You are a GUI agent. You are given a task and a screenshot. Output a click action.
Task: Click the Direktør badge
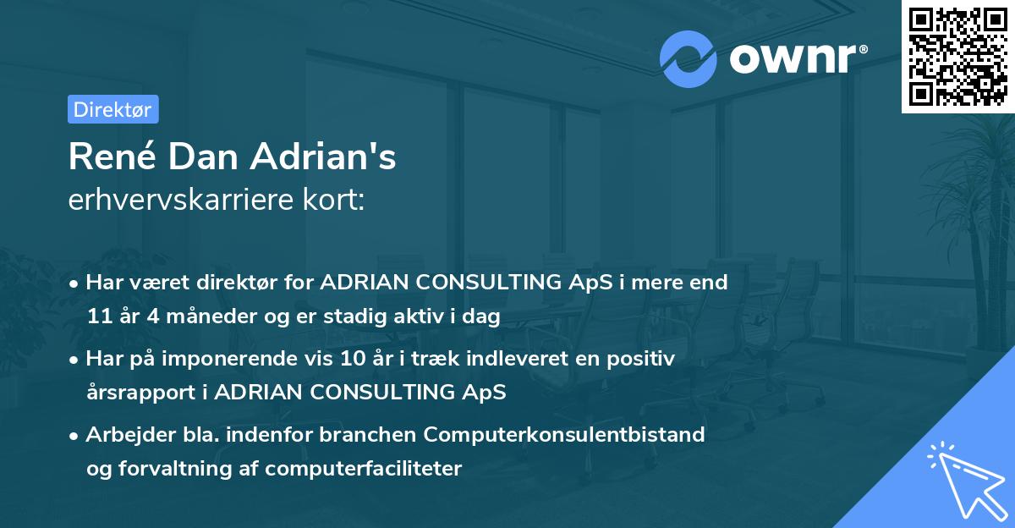tap(112, 109)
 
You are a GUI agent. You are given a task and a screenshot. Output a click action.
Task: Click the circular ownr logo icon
tap(689, 58)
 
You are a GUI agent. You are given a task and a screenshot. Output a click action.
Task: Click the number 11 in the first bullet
tap(97, 317)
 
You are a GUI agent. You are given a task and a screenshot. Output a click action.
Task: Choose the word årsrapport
tap(147, 393)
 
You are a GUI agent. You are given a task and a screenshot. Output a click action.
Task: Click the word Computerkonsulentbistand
tap(564, 434)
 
